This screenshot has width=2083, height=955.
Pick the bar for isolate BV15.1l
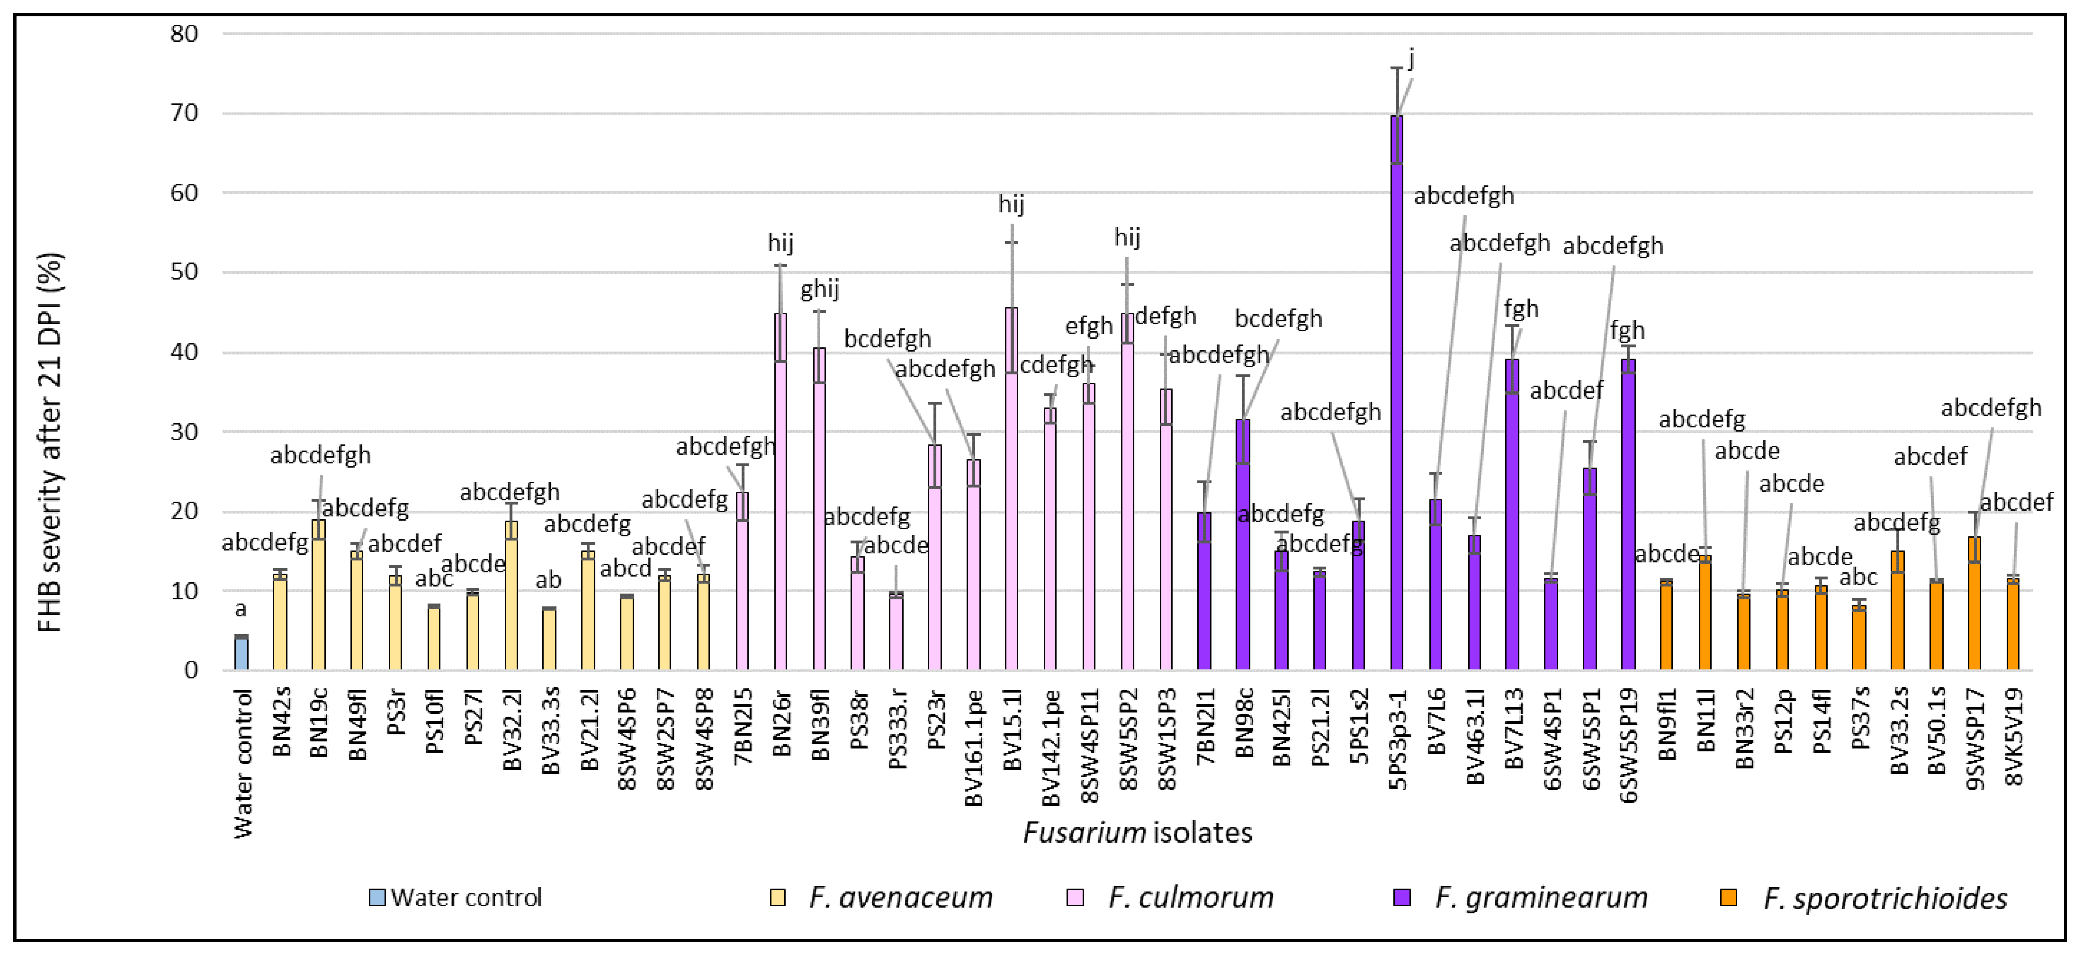click(1011, 489)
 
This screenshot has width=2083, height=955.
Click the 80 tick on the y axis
click(184, 34)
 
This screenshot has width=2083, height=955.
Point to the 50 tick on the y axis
click(184, 272)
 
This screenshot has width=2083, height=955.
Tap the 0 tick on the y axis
click(191, 670)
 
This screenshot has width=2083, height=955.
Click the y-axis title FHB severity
click(50, 442)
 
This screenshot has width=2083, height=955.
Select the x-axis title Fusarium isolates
click(1137, 833)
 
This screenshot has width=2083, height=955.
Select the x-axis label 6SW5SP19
click(1628, 745)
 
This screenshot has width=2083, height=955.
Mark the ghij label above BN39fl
click(820, 289)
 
